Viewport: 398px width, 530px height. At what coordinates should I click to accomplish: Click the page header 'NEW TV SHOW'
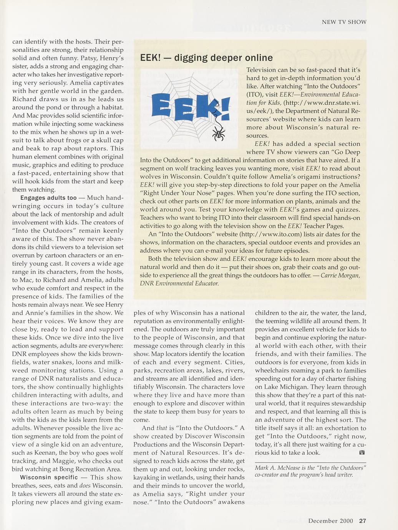coord(344,22)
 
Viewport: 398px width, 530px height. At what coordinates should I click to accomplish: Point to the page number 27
coord(363,521)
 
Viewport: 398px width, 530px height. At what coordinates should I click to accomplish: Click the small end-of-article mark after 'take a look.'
coord(362,453)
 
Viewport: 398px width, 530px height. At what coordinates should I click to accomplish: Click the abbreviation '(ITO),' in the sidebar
coord(254,94)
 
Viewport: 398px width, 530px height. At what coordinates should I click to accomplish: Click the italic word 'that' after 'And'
coord(161,428)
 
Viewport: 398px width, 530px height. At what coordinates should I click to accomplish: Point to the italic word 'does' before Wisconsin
coord(86,486)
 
